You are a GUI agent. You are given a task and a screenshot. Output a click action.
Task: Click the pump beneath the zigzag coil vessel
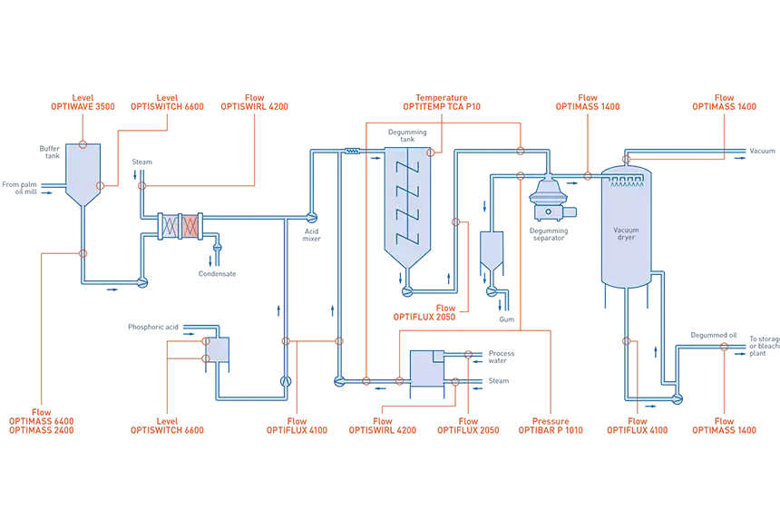pos(407,291)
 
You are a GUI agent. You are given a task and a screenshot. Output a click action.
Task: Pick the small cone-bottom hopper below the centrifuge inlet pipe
pos(491,248)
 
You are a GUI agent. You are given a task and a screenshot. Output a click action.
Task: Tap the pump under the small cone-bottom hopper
pos(492,291)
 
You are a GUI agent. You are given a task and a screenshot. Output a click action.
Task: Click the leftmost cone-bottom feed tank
pos(82,173)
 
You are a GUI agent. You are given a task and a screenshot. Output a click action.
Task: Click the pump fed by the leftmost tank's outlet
pos(141,283)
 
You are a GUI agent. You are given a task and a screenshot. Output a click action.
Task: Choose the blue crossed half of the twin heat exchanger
pos(169,226)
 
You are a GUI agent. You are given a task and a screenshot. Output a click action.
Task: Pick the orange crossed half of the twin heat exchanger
pos(190,226)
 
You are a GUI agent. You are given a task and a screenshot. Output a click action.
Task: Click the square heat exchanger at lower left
pos(219,348)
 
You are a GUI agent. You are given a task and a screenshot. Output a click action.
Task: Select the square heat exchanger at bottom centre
pos(423,367)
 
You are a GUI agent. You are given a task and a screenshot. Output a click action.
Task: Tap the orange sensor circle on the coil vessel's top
pos(433,151)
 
